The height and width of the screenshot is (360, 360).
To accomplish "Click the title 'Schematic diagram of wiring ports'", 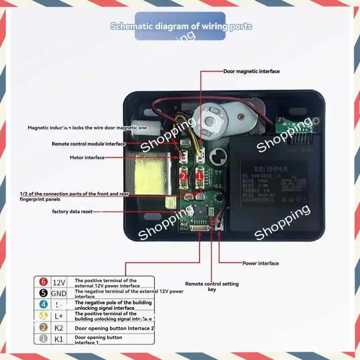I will tap(181, 26).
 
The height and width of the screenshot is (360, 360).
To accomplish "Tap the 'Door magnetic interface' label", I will tap(251, 71).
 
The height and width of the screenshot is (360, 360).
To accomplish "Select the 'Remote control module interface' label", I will tap(89, 144).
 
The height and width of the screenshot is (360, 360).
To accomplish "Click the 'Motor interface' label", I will tap(87, 157).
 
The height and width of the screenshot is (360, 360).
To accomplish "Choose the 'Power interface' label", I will tap(261, 263).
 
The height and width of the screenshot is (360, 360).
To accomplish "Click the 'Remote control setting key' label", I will tap(212, 286).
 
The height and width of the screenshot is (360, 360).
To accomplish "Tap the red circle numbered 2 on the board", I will tap(183, 177).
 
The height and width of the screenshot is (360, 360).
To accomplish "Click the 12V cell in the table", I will tap(59, 283).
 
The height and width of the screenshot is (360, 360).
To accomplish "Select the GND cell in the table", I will tap(59, 293).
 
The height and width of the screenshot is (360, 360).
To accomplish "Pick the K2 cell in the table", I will tap(59, 328).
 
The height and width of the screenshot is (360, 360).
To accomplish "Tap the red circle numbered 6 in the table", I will tap(44, 282).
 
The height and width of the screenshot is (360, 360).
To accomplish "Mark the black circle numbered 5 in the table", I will tap(44, 293).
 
